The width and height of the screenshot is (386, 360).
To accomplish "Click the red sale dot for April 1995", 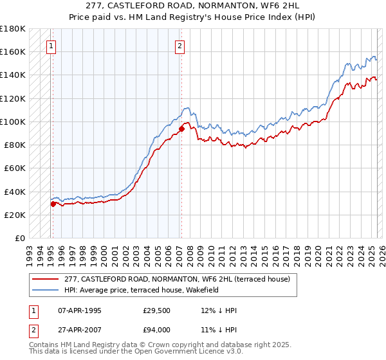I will click(53, 204).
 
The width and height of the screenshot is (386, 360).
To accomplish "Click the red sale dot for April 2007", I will click(181, 129).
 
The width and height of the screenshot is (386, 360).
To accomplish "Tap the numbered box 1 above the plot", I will click(50, 46).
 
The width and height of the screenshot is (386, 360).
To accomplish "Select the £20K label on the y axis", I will click(14, 215).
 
